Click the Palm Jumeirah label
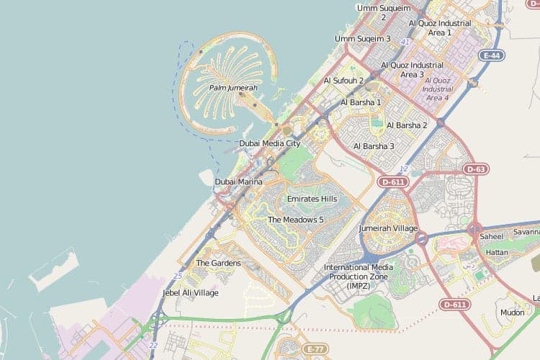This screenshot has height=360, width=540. click(x=233, y=88)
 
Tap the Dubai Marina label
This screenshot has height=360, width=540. click(x=238, y=182)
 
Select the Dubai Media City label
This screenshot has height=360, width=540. click(x=269, y=143)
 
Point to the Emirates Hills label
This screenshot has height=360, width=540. click(x=312, y=199)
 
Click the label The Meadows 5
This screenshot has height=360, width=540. click(x=295, y=220)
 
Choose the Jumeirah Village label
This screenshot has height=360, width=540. click(x=388, y=228)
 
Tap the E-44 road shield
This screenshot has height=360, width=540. click(x=492, y=55)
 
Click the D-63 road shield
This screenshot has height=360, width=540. click(x=475, y=169)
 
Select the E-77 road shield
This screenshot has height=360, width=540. click(x=315, y=349)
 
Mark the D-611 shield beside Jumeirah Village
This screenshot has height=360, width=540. click(x=393, y=182)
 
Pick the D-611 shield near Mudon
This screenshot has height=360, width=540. click(x=454, y=305)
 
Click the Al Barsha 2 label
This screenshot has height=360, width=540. click(x=407, y=125)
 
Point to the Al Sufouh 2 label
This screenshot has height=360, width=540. click(x=343, y=81)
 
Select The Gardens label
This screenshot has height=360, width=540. click(x=218, y=264)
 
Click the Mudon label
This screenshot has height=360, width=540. click(x=512, y=313)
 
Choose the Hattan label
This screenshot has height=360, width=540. click(x=497, y=253)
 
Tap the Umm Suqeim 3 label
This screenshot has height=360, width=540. click(x=363, y=39)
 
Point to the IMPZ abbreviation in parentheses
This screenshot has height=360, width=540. click(x=359, y=286)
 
